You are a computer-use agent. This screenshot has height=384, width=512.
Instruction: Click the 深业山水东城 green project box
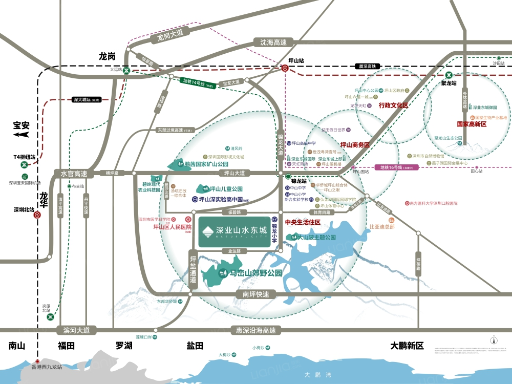click(234, 232)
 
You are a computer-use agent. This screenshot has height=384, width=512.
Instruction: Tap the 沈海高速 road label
click(273, 42)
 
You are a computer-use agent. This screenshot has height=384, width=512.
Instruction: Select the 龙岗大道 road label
click(170, 35)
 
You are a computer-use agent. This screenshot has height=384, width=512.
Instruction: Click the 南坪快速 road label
click(256, 294)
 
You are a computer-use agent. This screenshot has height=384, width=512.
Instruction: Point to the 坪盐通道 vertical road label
click(193, 269)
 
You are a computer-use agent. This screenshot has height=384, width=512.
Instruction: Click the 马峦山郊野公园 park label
click(251, 273)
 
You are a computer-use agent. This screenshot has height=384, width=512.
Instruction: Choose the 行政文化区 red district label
click(393, 105)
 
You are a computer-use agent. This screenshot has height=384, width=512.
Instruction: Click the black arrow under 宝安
click(21, 135)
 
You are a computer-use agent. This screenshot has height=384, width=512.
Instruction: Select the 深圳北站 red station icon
click(38, 215)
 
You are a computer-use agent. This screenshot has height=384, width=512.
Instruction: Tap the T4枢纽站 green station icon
click(24, 165)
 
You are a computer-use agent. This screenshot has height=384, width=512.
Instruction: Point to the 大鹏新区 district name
click(407, 346)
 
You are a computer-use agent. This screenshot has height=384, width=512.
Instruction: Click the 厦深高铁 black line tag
click(367, 67)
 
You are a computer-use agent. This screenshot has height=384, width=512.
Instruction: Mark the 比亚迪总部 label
click(382, 226)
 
